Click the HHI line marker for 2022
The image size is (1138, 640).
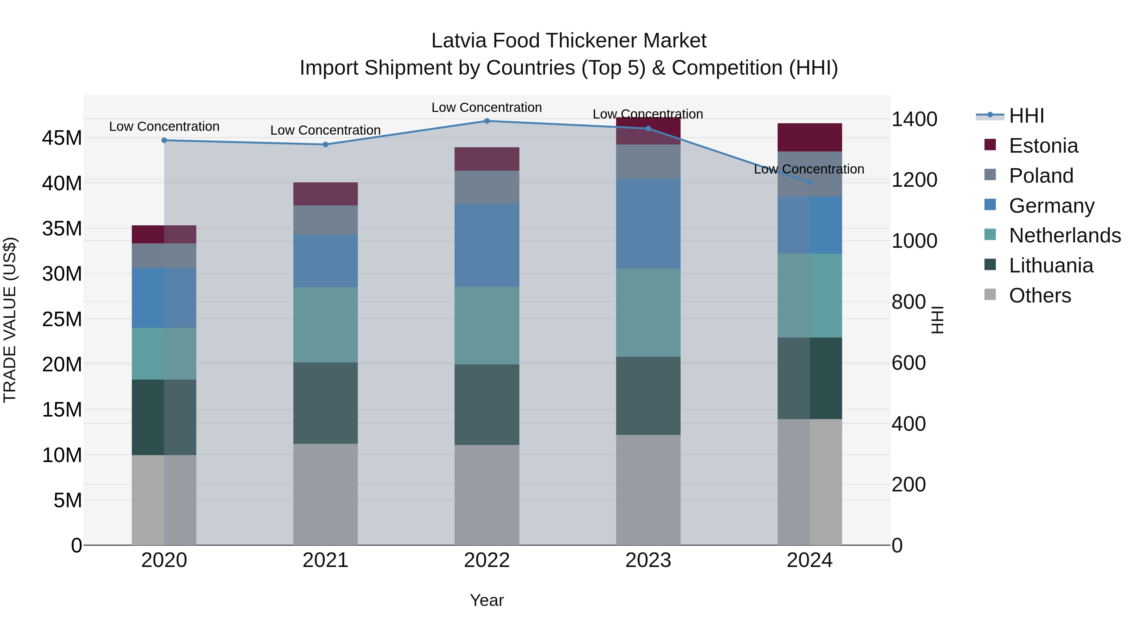(487, 121)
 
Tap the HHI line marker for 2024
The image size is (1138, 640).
(809, 182)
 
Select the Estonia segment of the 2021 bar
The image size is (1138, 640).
(326, 194)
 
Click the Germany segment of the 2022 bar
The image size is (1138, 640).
(487, 245)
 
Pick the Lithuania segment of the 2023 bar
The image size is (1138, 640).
(648, 396)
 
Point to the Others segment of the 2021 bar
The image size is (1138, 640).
(326, 494)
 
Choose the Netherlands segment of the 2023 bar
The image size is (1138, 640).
(648, 313)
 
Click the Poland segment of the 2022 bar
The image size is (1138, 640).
(487, 187)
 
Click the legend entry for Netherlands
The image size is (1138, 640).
(1065, 235)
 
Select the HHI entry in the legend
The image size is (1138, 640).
(1026, 116)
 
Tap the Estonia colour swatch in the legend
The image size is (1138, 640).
(990, 145)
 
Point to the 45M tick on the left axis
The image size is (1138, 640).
(62, 138)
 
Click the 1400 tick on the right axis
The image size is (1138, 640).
(914, 119)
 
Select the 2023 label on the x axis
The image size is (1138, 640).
(648, 560)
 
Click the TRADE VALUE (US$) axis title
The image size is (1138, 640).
(10, 320)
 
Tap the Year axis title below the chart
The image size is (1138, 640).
(487, 600)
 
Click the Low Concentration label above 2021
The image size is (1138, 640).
(326, 130)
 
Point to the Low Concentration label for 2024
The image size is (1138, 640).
(809, 169)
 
